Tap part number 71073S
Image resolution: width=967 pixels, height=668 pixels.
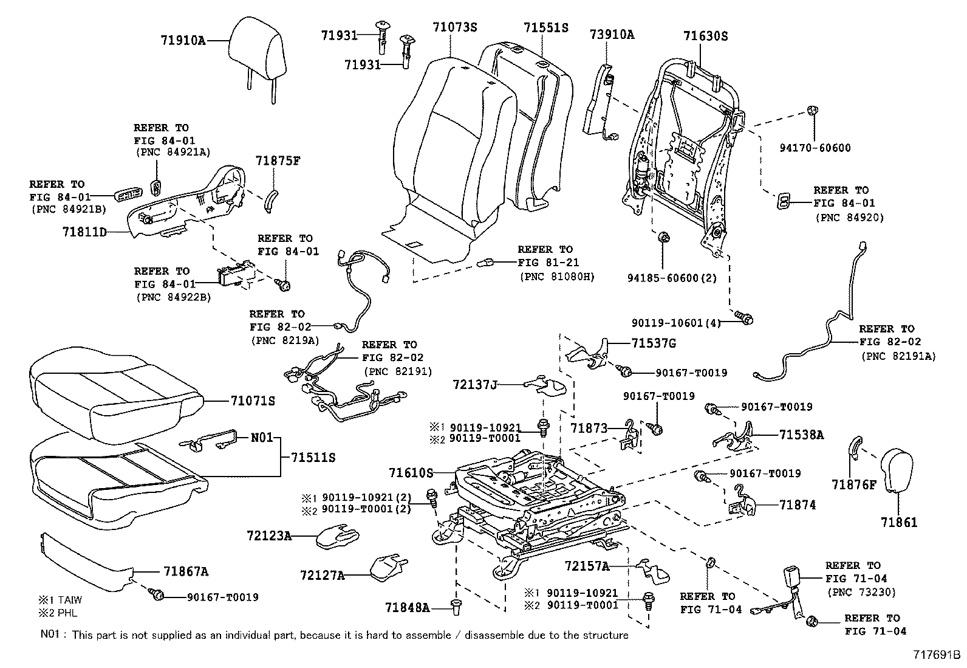pos(454,27)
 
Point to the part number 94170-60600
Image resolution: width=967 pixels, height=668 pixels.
pos(815,148)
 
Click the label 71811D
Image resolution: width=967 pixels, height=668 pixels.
pos(84,232)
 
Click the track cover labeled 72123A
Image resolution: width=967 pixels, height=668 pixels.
pos(338,536)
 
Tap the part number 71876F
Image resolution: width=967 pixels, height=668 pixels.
pos(855,484)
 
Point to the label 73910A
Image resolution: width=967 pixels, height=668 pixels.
pos(612,35)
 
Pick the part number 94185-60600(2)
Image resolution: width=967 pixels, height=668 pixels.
pos(672,278)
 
